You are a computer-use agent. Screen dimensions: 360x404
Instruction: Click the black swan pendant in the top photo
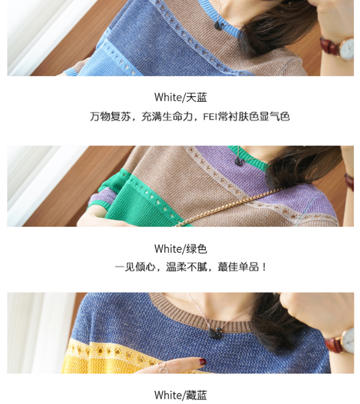pyautogui.click(x=219, y=26)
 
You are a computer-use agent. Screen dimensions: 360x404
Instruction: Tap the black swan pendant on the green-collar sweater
pyautogui.click(x=239, y=161)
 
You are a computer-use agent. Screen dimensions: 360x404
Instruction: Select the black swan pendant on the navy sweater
pyautogui.click(x=215, y=333)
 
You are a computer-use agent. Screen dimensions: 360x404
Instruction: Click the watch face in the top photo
pyautogui.click(x=346, y=49)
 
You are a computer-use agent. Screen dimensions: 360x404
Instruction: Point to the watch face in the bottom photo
pyautogui.click(x=349, y=341)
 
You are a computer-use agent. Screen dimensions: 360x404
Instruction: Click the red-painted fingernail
pyautogui.click(x=203, y=361)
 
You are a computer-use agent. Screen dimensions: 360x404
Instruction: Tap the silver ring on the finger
pyautogui.click(x=162, y=368)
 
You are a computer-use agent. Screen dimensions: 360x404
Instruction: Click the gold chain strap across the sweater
pyautogui.click(x=227, y=208)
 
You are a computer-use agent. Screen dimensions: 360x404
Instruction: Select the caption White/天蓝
pyautogui.click(x=181, y=97)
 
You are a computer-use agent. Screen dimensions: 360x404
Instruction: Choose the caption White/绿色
pyautogui.click(x=181, y=249)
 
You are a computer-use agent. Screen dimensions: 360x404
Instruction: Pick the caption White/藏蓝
pyautogui.click(x=181, y=395)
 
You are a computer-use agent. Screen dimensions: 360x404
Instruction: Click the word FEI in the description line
pyautogui.click(x=210, y=117)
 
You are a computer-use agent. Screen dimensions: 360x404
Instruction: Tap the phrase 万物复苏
pyautogui.click(x=110, y=117)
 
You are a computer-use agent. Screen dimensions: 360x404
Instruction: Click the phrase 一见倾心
pyautogui.click(x=135, y=267)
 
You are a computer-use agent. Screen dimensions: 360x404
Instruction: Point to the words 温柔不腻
pyautogui.click(x=186, y=267)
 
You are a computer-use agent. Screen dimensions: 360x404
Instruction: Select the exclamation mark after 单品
pyautogui.click(x=264, y=267)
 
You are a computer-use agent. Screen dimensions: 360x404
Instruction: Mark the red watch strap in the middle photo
pyautogui.click(x=349, y=182)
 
